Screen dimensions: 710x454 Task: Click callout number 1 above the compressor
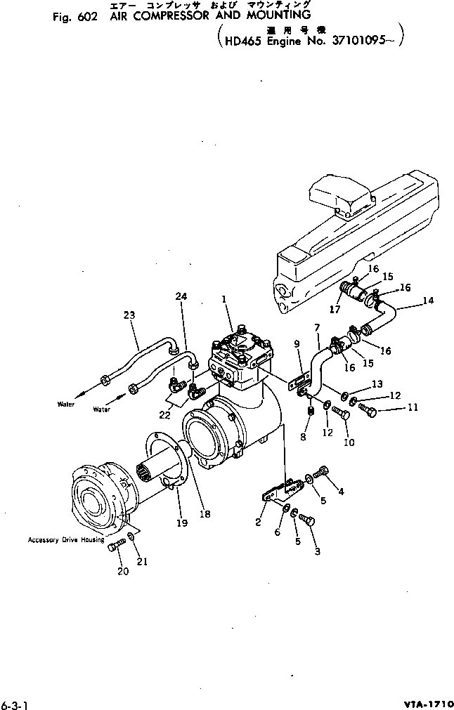click(223, 299)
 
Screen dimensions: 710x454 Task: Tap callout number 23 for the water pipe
click(129, 315)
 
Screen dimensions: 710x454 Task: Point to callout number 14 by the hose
click(427, 301)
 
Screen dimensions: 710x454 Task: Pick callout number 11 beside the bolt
click(412, 407)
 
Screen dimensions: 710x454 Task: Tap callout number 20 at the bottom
click(123, 571)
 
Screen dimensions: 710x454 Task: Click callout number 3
click(317, 551)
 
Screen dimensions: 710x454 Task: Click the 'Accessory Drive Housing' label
click(65, 540)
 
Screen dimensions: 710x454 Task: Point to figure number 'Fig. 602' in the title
click(74, 19)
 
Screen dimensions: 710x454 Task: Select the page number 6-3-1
click(15, 702)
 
